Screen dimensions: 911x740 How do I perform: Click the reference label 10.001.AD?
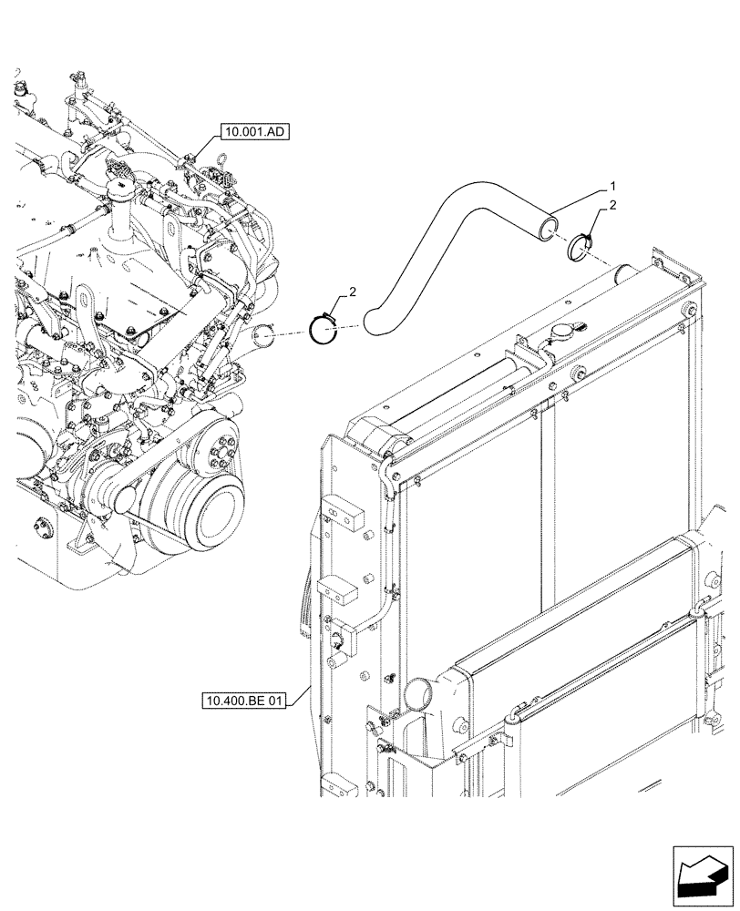coord(252,132)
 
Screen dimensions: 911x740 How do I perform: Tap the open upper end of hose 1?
coord(545,226)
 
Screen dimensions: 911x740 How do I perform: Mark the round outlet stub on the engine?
coord(262,338)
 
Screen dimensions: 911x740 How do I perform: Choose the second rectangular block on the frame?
coord(343,591)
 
